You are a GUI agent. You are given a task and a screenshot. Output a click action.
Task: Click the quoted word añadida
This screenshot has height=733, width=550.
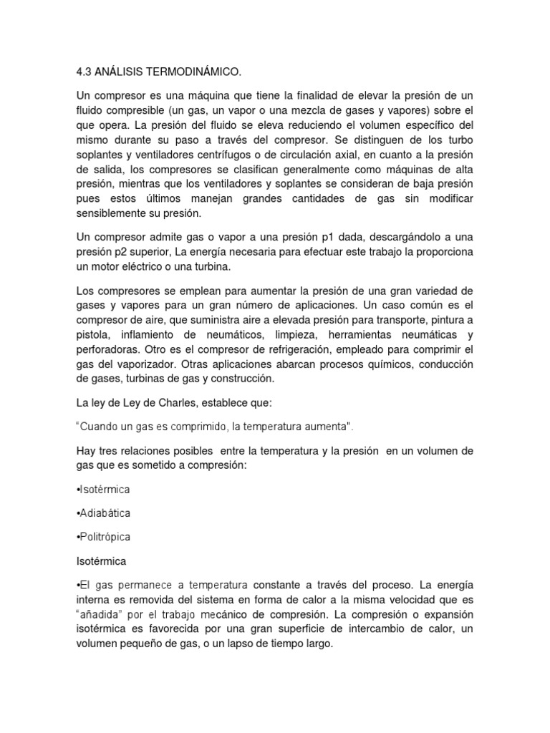[x=100, y=613]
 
